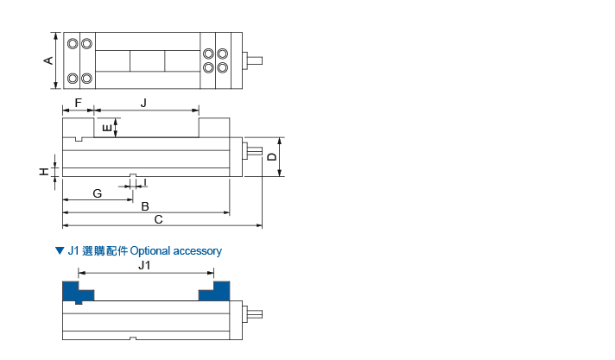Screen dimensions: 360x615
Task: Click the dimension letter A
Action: tap(48, 60)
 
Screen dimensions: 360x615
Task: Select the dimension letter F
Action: tap(78, 103)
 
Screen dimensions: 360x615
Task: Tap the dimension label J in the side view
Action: tap(143, 103)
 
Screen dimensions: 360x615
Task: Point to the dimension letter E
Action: tap(106, 129)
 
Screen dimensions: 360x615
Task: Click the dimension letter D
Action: tap(271, 156)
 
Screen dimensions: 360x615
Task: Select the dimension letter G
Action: tap(97, 193)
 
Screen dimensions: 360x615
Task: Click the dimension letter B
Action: tap(145, 206)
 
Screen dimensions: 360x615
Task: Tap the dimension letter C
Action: tap(158, 220)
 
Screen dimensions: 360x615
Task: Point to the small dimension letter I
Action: tap(145, 182)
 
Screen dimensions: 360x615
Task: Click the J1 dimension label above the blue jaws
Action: tap(145, 266)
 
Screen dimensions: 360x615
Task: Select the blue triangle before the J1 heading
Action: tap(59, 251)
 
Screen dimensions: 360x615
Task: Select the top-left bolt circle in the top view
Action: tap(73, 43)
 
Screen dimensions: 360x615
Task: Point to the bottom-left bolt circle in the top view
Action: tap(73, 79)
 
